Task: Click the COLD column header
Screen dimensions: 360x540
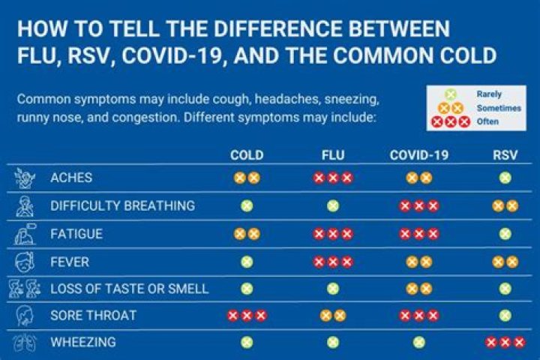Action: (x=246, y=155)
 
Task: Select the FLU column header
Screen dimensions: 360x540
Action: (x=332, y=155)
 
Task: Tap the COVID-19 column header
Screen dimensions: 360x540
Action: (x=418, y=155)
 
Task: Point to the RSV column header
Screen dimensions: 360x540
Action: (x=505, y=155)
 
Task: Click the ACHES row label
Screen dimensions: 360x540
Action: (x=71, y=178)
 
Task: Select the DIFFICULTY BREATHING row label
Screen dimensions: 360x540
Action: (x=122, y=205)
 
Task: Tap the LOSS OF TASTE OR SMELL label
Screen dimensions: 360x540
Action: (x=129, y=288)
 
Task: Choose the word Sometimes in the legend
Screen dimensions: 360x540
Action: (x=498, y=108)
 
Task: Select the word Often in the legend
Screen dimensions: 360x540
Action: (x=488, y=121)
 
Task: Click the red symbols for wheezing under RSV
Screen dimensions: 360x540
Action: (x=505, y=342)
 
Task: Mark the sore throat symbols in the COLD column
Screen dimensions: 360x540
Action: (x=246, y=315)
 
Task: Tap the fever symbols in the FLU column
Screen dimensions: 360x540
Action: (x=332, y=261)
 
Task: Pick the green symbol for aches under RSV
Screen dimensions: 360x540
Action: (x=505, y=178)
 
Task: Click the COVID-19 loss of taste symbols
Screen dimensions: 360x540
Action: (x=418, y=288)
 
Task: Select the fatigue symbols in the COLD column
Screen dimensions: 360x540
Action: (x=246, y=233)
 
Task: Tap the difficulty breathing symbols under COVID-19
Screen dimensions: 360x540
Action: (x=418, y=205)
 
